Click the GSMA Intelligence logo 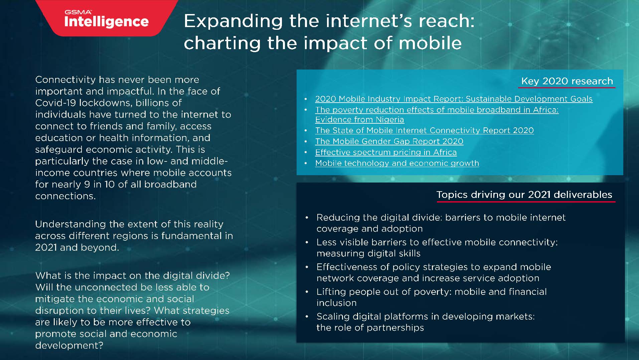pos(106,19)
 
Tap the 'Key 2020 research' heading pos(567,81)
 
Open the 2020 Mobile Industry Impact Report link pos(454,99)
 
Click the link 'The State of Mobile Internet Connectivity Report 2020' pos(424,130)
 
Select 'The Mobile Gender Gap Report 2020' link pos(389,141)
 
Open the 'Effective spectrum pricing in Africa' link pos(386,152)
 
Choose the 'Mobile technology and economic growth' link pos(397,163)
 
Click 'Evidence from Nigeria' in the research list pos(359,120)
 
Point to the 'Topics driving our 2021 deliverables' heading pos(524,195)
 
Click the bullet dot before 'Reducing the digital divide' pos(307,218)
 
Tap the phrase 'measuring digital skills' pos(368,253)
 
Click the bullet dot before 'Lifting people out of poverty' pos(307,292)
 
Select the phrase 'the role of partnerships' pos(370,328)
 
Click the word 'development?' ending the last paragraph pos(69,345)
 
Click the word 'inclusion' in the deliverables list pos(336,303)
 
